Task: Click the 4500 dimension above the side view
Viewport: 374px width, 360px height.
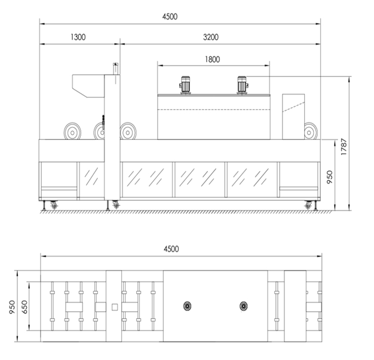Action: click(x=170, y=17)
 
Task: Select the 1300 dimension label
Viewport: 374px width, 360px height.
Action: click(x=78, y=37)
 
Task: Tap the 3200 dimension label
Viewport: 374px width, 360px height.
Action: click(x=211, y=37)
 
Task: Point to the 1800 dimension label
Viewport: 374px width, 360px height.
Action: click(x=212, y=59)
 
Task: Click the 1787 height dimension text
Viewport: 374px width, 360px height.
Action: click(x=344, y=147)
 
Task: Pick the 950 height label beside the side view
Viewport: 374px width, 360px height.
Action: click(x=329, y=177)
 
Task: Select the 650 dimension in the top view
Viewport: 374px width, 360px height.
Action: click(x=24, y=307)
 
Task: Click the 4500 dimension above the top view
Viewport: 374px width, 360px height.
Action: click(x=171, y=249)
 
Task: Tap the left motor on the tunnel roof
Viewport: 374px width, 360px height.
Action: click(x=185, y=85)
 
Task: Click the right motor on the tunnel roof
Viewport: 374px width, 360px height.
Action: click(x=243, y=85)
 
